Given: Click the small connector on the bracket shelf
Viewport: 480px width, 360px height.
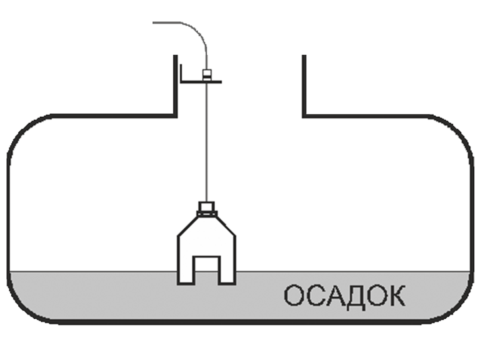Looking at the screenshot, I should tap(206, 74).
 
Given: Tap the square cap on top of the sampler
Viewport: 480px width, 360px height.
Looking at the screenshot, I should tap(206, 206).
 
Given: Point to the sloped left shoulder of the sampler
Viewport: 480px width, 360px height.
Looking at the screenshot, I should tap(188, 225).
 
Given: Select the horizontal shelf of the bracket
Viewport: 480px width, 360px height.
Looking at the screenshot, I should tap(202, 82).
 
